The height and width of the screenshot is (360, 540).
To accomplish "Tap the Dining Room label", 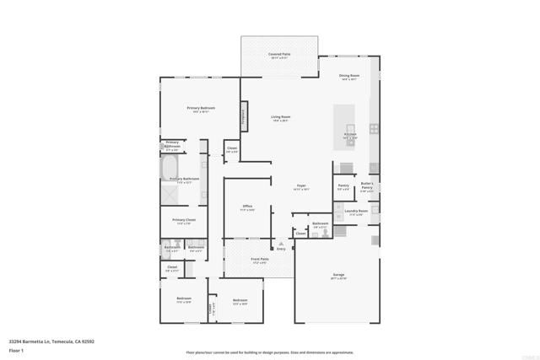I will click(349, 77).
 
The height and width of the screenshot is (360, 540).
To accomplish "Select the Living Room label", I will click(281, 117).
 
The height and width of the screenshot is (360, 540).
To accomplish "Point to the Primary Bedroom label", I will click(201, 109).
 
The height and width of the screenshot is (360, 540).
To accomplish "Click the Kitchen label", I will click(350, 134).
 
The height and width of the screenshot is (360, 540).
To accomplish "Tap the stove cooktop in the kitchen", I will click(375, 131).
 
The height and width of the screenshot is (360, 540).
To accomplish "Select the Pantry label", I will click(343, 185).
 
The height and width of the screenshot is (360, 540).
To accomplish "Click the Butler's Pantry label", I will click(367, 187).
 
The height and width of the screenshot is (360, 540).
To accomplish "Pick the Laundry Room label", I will click(357, 212).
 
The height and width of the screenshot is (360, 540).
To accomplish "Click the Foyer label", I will click(301, 186).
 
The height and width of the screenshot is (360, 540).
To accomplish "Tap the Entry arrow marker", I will click(282, 244).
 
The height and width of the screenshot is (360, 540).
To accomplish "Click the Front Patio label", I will click(260, 260).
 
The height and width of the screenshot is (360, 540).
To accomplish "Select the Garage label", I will click(337, 276).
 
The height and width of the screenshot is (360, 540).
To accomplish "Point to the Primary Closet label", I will click(184, 222).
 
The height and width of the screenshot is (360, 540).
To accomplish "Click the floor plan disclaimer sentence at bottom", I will click(270, 352).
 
